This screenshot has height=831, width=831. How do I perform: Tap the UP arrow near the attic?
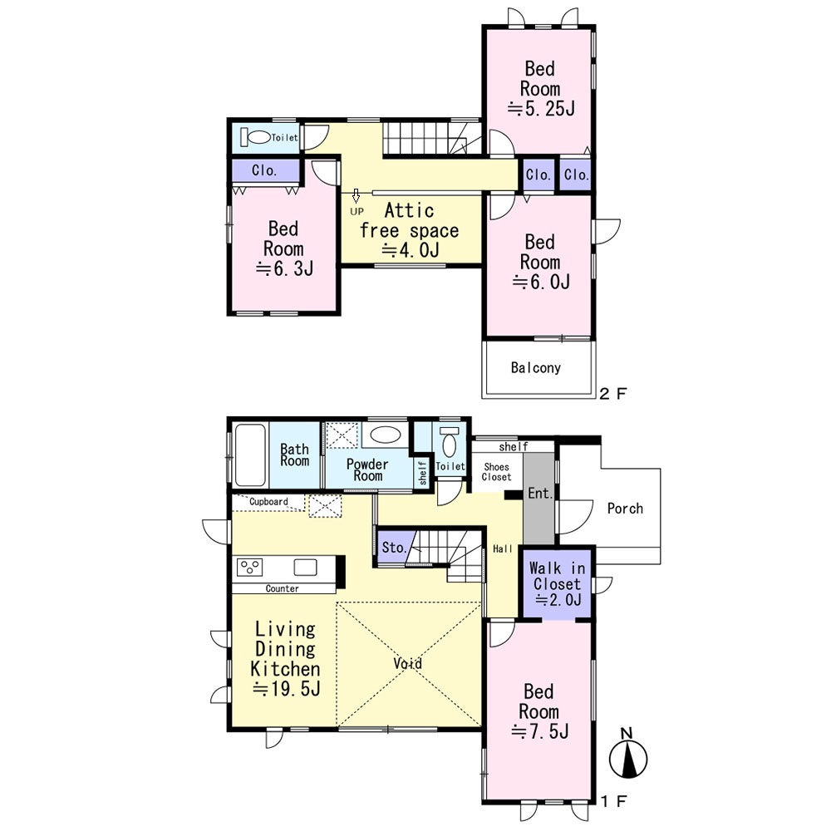pyautogui.click(x=356, y=195)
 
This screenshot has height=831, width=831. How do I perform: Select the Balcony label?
pyautogui.click(x=536, y=367)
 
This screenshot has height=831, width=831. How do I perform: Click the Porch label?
pyautogui.click(x=625, y=509)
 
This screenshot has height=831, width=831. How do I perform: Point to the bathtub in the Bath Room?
pyautogui.click(x=249, y=455)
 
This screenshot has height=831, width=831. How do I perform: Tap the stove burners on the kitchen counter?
pyautogui.click(x=249, y=567)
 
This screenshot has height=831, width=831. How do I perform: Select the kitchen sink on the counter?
pyautogui.click(x=305, y=567)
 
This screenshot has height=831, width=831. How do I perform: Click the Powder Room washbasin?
pyautogui.click(x=385, y=435)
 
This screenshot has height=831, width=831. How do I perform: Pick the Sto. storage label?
pyautogui.click(x=394, y=547)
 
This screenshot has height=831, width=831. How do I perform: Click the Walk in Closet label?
pyautogui.click(x=557, y=576)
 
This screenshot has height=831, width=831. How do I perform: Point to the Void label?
pyautogui.click(x=408, y=663)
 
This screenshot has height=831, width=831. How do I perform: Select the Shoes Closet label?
pyautogui.click(x=497, y=472)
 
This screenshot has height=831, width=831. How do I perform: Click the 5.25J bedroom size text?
pyautogui.click(x=541, y=109)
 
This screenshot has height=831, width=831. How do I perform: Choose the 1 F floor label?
pyautogui.click(x=614, y=800)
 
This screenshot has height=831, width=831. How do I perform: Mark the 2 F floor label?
pyautogui.click(x=613, y=393)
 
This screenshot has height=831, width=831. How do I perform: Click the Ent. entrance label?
pyautogui.click(x=541, y=494)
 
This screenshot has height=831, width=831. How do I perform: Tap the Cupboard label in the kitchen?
pyautogui.click(x=268, y=501)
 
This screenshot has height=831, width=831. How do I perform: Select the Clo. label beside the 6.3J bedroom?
pyautogui.click(x=264, y=170)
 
